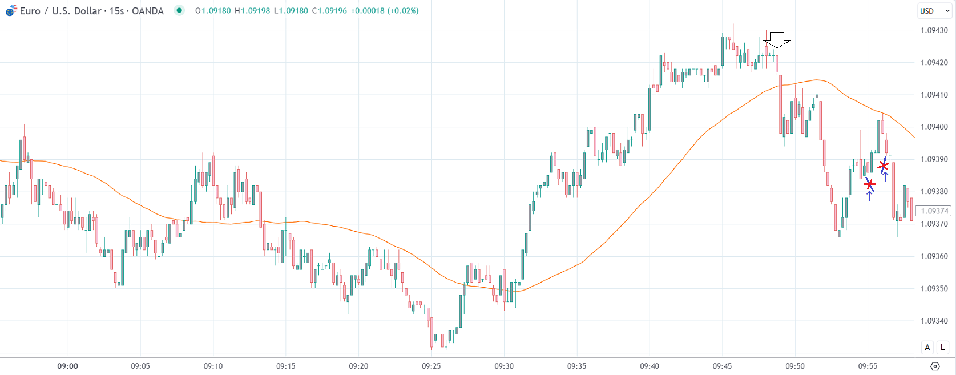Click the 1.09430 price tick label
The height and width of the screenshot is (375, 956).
click(x=934, y=30)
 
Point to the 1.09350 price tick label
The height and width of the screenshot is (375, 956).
click(x=934, y=288)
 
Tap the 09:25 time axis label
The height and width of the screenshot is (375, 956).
click(x=431, y=366)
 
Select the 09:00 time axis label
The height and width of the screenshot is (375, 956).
click(x=67, y=366)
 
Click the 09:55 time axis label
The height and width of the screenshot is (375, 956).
click(x=868, y=366)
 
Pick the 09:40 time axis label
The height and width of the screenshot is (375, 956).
click(x=650, y=366)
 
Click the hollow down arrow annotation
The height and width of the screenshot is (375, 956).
click(x=777, y=39)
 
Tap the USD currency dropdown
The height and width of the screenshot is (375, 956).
click(x=934, y=11)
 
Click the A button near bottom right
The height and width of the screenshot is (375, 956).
click(x=927, y=347)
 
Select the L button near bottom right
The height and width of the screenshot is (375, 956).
click(x=942, y=347)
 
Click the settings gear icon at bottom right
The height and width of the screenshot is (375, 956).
click(x=935, y=366)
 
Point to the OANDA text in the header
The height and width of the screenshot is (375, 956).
click(x=148, y=11)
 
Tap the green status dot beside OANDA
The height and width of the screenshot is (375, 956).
click(x=179, y=10)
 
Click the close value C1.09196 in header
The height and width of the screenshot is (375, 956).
click(x=329, y=11)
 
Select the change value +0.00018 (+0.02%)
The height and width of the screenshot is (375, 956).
click(x=385, y=11)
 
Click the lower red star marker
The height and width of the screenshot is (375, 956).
click(x=869, y=184)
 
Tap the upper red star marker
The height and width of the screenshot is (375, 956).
click(x=884, y=166)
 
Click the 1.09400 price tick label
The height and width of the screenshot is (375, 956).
click(x=934, y=127)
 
